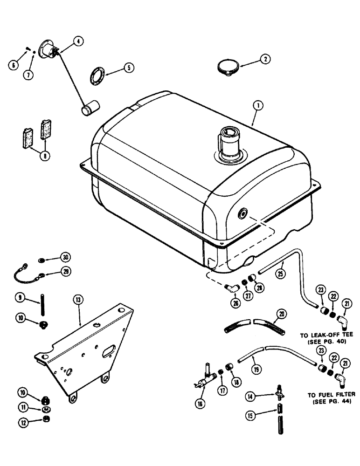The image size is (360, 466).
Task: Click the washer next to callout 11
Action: tap(47, 410)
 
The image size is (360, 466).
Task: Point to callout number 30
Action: tap(65, 258)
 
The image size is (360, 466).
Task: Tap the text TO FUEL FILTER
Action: tap(331, 394)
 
